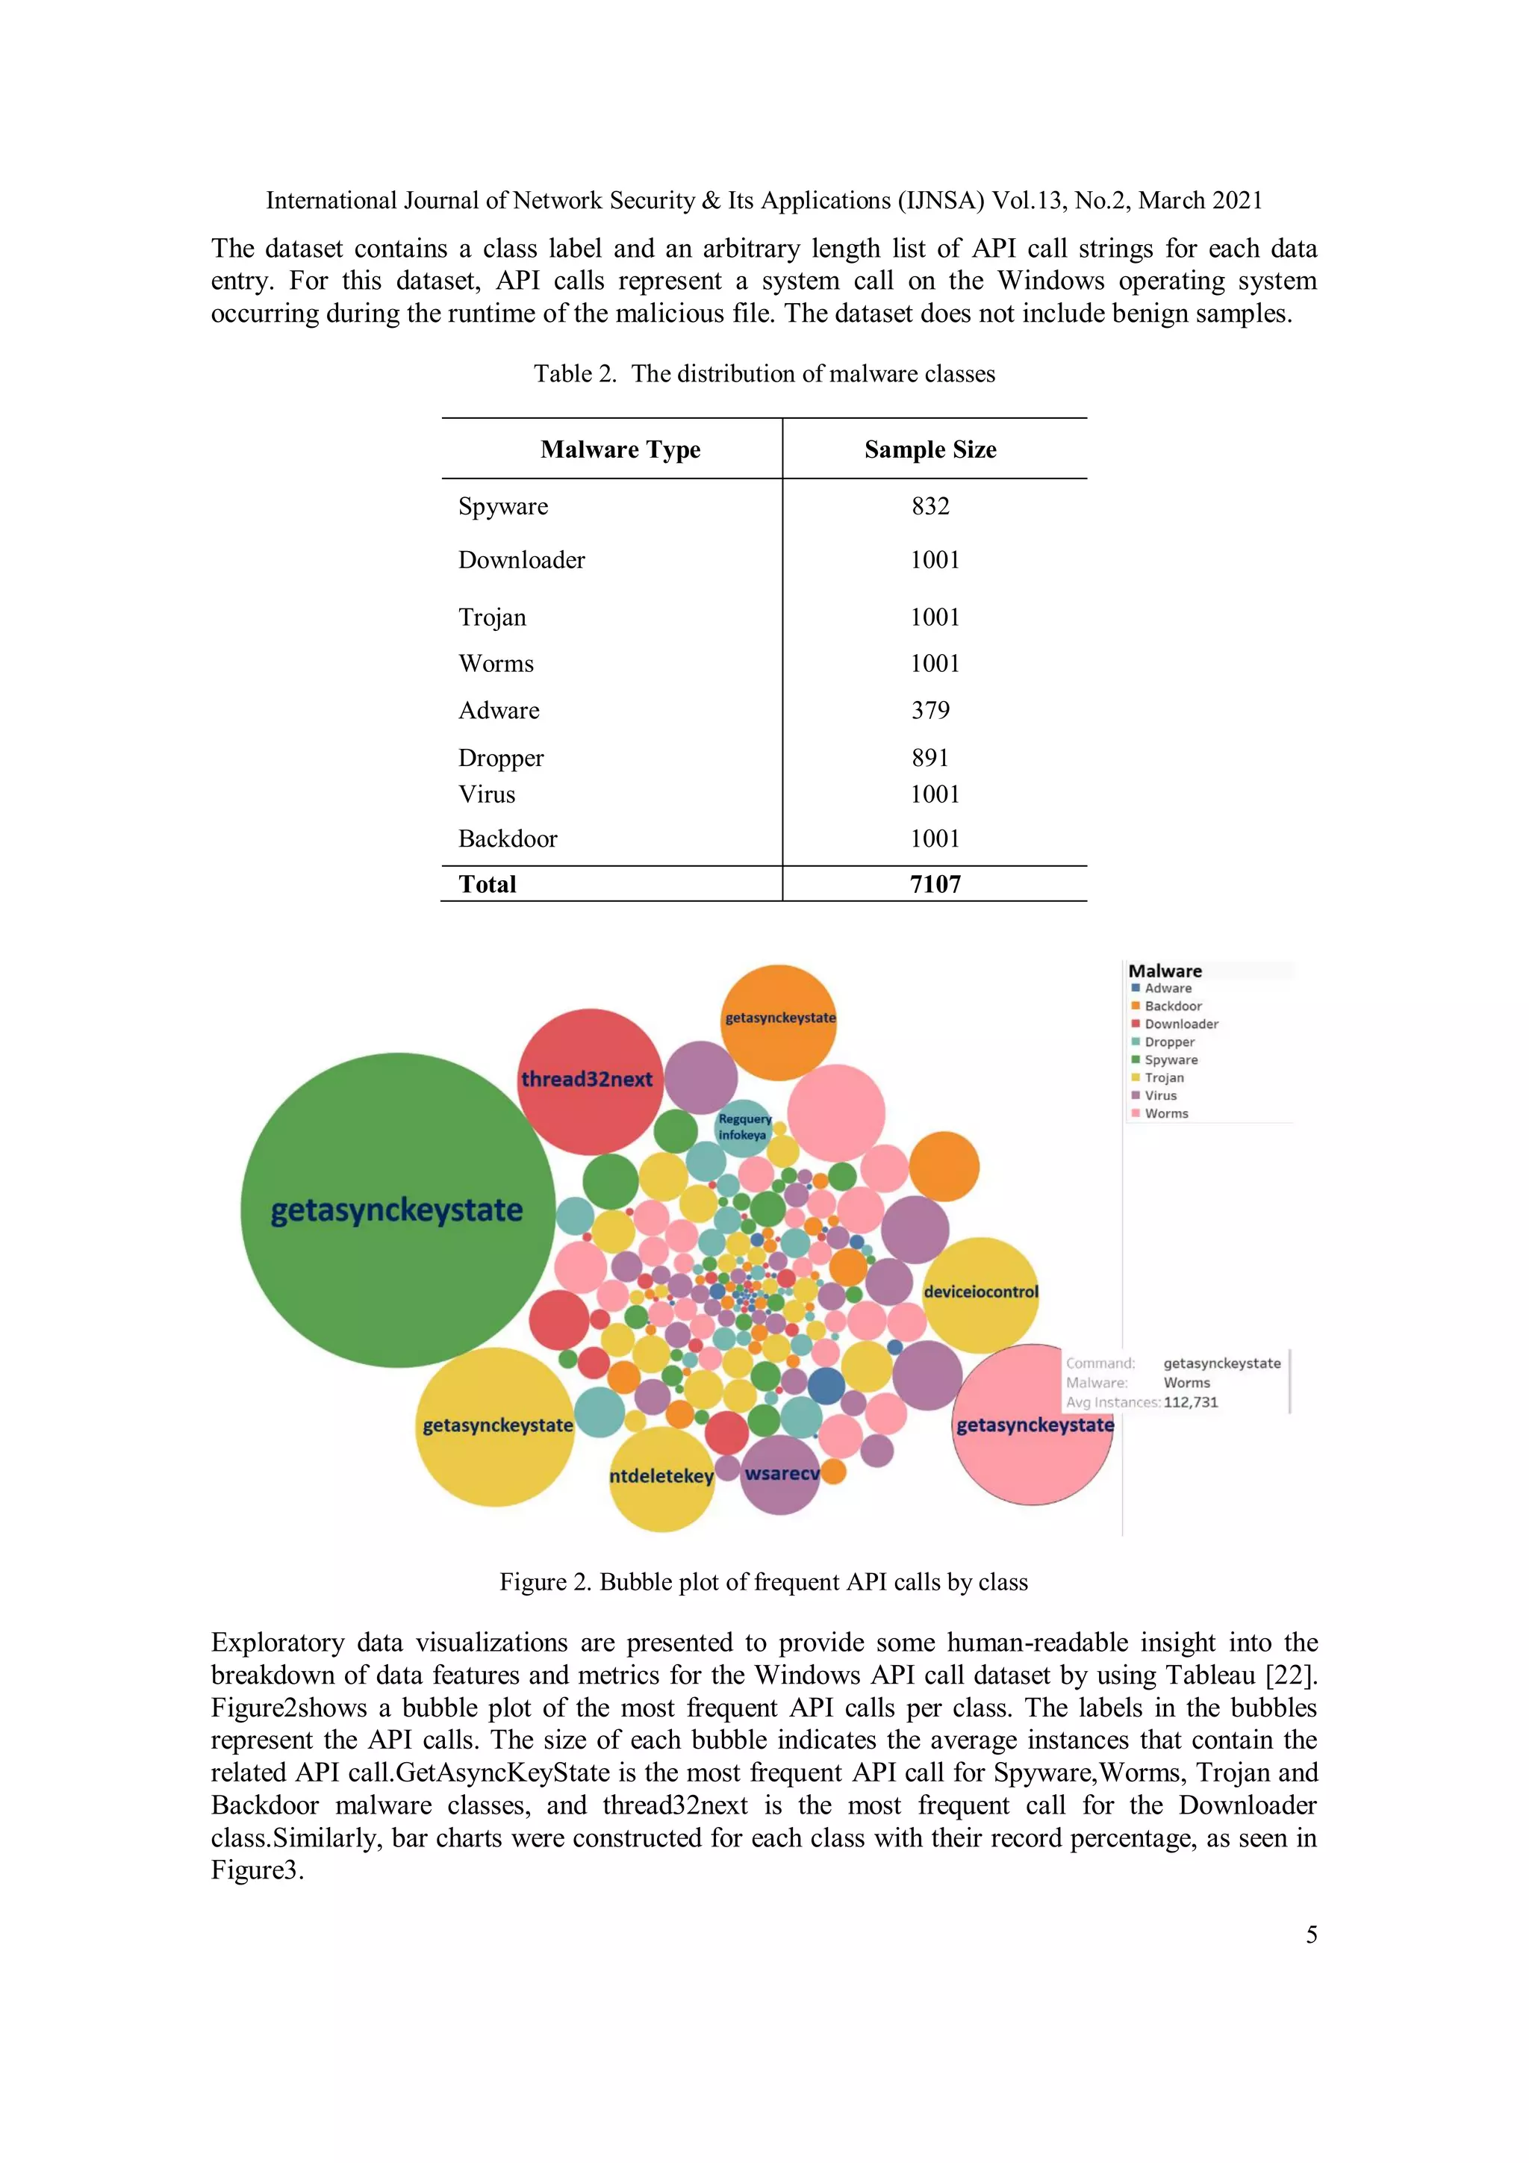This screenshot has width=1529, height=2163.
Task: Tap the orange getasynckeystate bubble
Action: point(779,1019)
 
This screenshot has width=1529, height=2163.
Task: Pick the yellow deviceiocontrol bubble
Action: point(981,1292)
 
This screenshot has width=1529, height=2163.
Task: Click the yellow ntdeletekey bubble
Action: point(661,1476)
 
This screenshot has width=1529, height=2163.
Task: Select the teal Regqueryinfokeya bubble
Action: point(744,1127)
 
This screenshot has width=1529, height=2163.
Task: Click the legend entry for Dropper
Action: point(1168,1042)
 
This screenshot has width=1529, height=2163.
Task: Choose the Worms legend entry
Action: point(1165,1113)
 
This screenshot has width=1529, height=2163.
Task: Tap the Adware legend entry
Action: point(1167,989)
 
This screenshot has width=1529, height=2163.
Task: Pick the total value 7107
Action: point(935,885)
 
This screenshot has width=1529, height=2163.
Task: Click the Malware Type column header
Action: point(620,450)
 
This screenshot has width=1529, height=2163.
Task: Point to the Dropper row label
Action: point(500,759)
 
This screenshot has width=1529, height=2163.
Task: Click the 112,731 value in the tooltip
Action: point(1191,1403)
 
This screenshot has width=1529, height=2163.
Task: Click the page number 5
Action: point(1310,1935)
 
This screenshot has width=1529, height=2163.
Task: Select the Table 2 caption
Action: point(764,374)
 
